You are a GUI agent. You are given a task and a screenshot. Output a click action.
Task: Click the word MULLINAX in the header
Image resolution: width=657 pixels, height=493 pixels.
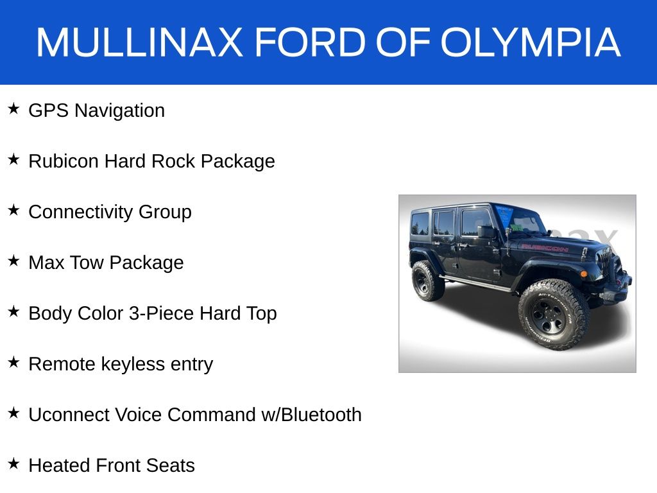point(139,42)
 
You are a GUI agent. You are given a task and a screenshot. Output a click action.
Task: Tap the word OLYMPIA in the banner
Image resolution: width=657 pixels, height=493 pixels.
point(530,42)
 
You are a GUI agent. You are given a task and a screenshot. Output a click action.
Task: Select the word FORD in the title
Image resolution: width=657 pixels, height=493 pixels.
point(311,42)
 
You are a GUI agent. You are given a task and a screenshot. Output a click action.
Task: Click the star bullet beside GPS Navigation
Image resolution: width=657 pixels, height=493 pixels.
point(13,108)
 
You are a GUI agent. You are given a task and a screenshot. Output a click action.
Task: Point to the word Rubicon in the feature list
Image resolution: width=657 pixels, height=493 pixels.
point(64,161)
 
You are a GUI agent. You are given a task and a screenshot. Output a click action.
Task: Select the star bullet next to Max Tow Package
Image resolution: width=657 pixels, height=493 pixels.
point(13,261)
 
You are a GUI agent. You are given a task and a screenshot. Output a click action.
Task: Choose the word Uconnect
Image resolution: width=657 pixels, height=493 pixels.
point(69,415)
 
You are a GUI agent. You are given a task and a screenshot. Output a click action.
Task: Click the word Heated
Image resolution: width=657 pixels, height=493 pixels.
point(59,465)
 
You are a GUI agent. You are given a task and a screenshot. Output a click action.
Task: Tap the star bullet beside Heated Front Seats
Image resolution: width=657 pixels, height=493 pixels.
point(13,463)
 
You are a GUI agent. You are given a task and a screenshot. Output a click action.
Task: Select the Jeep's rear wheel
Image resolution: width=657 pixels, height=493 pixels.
point(426,281)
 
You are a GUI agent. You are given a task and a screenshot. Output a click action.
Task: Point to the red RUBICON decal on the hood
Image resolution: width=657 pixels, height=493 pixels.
point(545,247)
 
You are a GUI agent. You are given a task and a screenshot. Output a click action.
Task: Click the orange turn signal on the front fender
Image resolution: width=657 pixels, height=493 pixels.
point(583,273)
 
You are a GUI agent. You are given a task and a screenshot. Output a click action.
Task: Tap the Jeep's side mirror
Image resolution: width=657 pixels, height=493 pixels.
point(486,231)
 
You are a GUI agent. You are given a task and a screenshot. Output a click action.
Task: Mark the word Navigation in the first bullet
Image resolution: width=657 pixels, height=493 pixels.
point(120,110)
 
